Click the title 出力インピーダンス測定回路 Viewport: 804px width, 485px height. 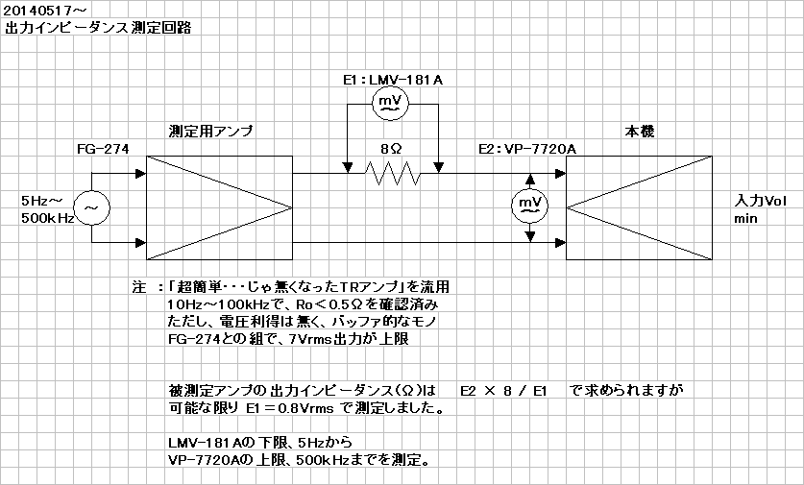point(98,28)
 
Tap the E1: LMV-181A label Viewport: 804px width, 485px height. point(393,80)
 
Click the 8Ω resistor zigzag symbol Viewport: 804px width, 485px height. point(393,173)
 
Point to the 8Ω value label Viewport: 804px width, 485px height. point(391,149)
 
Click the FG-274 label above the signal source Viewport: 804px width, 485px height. point(103,149)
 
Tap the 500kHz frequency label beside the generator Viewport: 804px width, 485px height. point(48,218)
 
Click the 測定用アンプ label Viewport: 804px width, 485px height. point(210,132)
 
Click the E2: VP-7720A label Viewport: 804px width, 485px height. point(527,149)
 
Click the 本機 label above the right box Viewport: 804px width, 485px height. point(640,132)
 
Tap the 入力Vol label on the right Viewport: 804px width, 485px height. point(760,201)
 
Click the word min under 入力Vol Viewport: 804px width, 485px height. point(745,218)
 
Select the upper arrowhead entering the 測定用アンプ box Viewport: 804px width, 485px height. point(141,173)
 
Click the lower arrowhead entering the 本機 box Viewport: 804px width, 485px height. point(560,242)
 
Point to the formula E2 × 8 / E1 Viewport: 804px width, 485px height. point(503,391)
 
